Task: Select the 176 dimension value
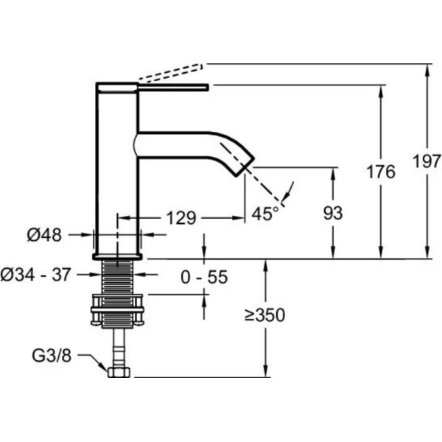(x=380, y=172)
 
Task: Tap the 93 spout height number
(x=334, y=215)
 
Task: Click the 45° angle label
(x=266, y=214)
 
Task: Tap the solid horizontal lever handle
(x=155, y=88)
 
